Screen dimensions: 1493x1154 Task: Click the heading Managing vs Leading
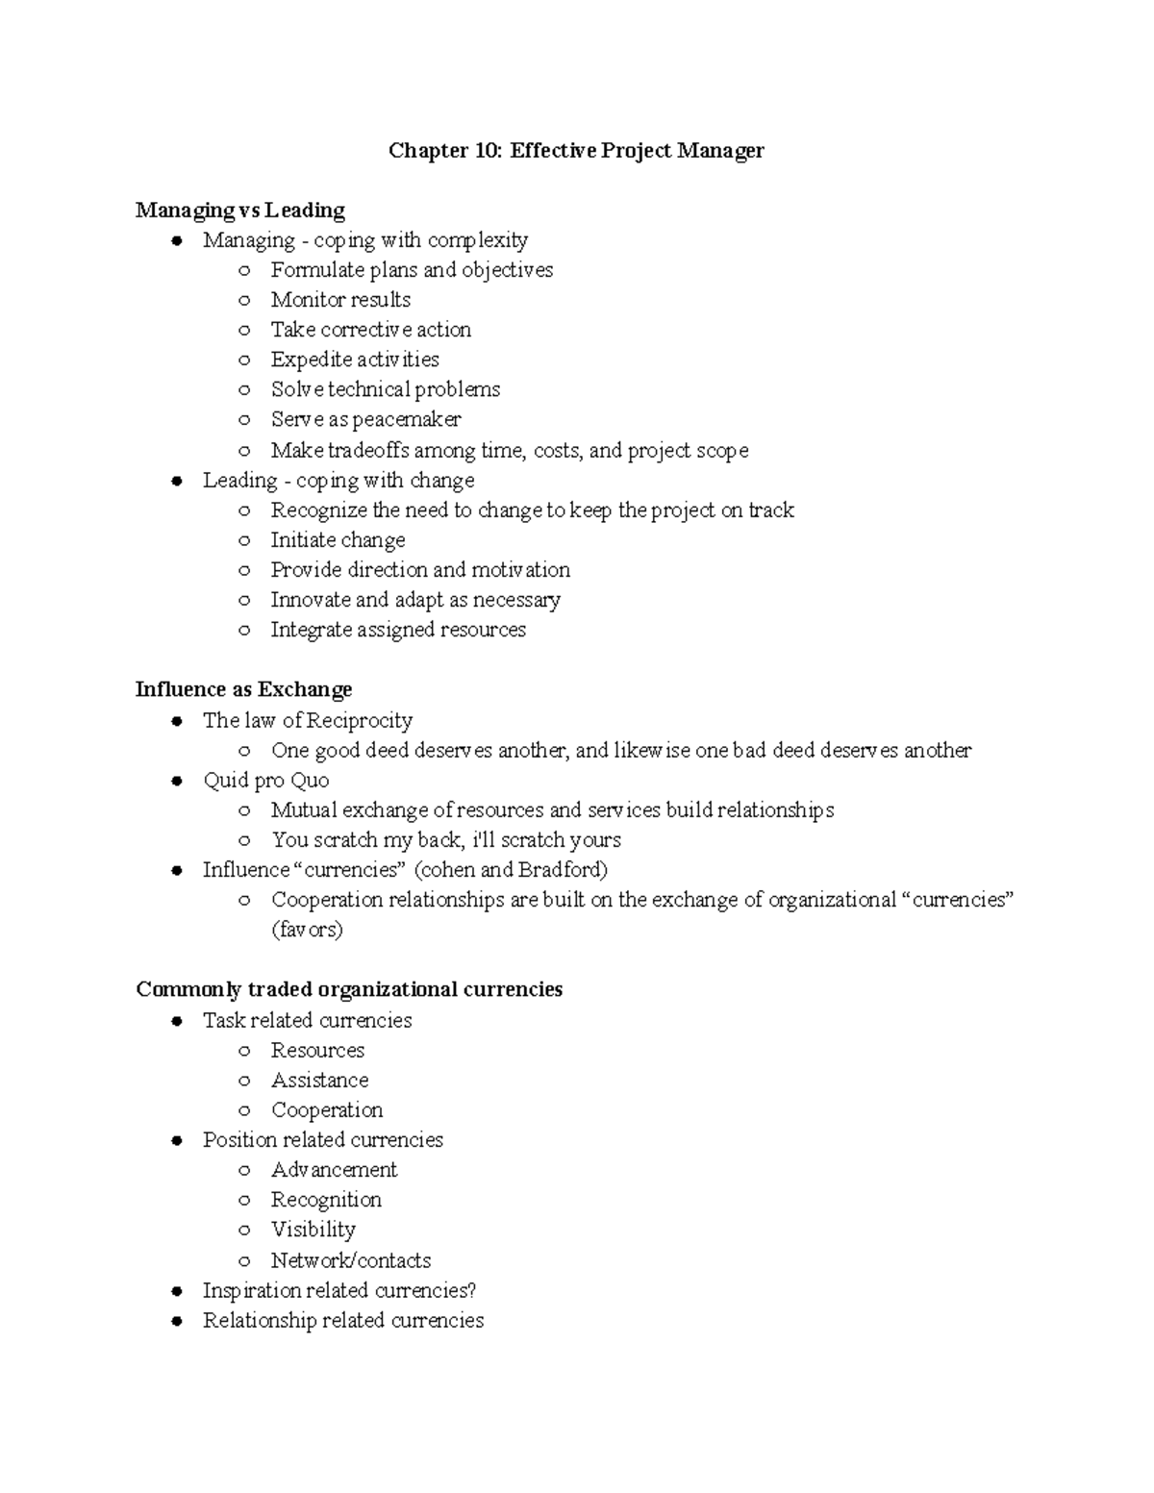239,211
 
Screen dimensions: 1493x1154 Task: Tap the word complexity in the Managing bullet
477,240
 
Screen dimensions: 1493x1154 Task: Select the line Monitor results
340,300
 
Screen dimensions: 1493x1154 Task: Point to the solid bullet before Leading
176,482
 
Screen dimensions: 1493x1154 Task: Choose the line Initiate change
338,540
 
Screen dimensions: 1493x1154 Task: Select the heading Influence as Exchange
243,690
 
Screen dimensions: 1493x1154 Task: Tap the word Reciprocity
360,721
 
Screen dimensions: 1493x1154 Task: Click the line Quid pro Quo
265,781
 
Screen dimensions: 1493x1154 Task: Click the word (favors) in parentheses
307,930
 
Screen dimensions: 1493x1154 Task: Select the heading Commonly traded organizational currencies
349,990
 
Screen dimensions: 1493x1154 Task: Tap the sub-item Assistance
319,1081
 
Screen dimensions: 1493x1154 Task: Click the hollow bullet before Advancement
245,1171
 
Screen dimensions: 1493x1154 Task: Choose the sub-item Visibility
313,1230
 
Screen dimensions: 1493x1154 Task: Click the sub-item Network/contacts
350,1260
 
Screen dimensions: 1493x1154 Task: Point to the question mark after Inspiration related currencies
471,1290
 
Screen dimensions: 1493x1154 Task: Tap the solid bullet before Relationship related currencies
176,1322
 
